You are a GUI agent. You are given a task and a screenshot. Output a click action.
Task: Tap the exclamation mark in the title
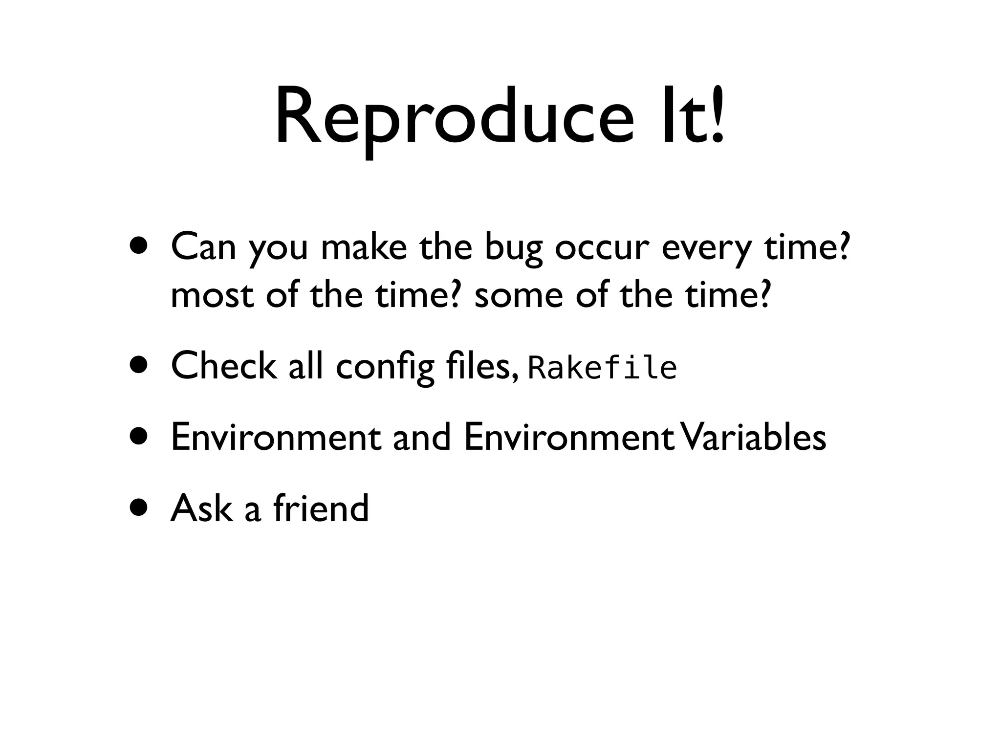click(717, 117)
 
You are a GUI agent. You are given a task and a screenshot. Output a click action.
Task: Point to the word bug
click(513, 249)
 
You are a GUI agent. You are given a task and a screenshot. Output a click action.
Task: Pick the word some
click(519, 295)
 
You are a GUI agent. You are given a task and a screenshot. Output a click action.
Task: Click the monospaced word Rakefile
click(603, 368)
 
